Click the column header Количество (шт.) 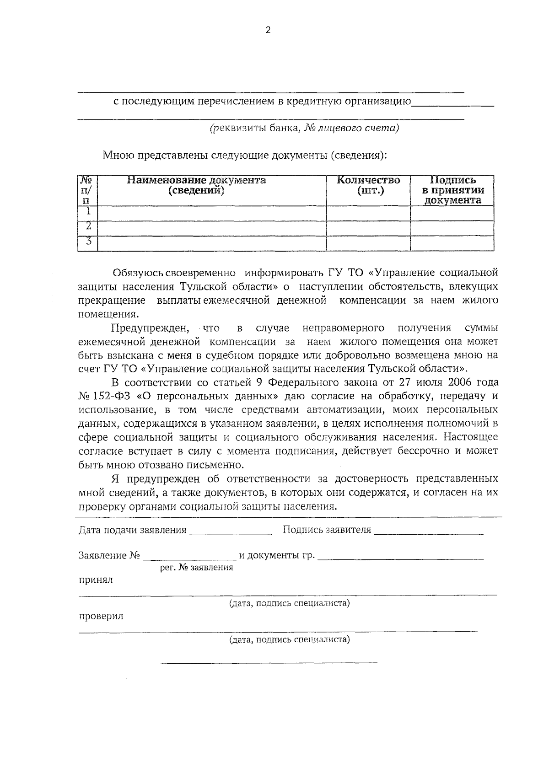[x=368, y=185]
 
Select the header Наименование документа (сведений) [x=196, y=185]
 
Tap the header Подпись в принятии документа [x=452, y=190]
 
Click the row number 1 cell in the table [x=88, y=212]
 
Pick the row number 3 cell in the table [x=88, y=242]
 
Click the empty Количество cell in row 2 [x=368, y=228]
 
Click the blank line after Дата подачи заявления [x=231, y=531]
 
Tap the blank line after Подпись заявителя [x=428, y=531]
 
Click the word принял [x=96, y=580]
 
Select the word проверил [x=101, y=616]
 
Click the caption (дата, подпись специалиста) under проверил [x=289, y=639]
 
